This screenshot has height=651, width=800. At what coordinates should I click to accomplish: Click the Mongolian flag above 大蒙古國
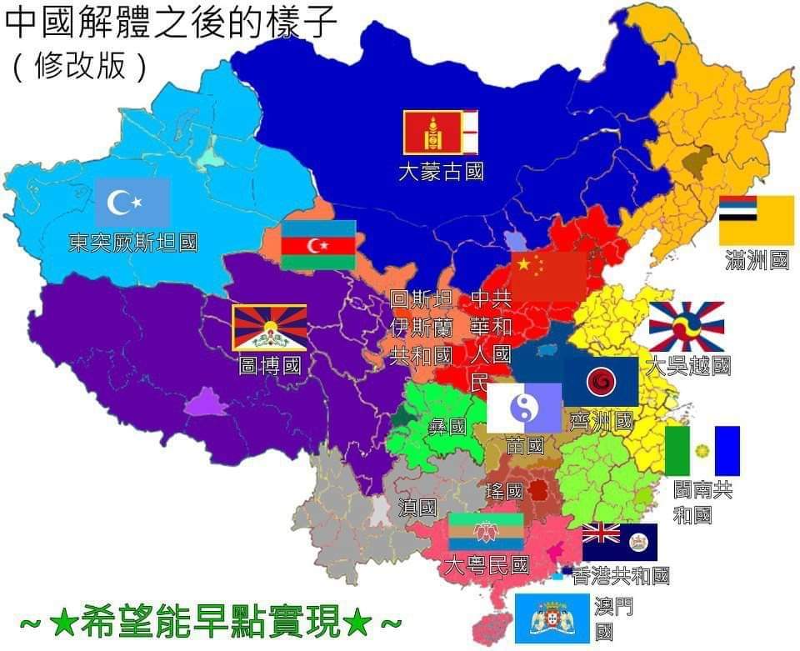pos(441,133)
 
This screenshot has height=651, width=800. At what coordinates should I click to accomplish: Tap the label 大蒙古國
pos(441,173)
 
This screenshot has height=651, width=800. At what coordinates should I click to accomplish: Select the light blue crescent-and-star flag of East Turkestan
pos(132,203)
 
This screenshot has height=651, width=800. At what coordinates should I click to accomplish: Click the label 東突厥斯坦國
pos(133,243)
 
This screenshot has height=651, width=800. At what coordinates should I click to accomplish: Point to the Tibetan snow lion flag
pos(269,328)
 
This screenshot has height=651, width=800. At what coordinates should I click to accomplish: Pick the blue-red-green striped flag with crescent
pos(318,245)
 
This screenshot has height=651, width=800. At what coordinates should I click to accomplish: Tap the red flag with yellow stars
pos(548,275)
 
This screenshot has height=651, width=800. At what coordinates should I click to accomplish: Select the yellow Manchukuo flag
pos(757,220)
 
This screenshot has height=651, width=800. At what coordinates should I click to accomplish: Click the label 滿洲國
pos(757,261)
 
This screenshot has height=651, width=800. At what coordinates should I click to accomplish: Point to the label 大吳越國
pos(688,366)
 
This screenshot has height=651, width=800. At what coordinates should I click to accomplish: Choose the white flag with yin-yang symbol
pos(524,408)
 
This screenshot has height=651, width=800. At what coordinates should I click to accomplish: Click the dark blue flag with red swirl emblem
pos(600,382)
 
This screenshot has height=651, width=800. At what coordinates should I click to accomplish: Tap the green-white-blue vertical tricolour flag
pos(702,451)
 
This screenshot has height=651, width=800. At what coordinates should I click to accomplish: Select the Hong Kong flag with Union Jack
pos(620,543)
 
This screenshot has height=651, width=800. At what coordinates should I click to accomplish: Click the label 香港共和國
pos(622,576)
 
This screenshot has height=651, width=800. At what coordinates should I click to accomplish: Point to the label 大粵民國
pos(487,567)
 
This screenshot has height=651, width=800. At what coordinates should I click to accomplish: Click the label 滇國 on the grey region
pos(417,508)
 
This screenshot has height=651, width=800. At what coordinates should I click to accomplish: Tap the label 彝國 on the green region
pos(447,428)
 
